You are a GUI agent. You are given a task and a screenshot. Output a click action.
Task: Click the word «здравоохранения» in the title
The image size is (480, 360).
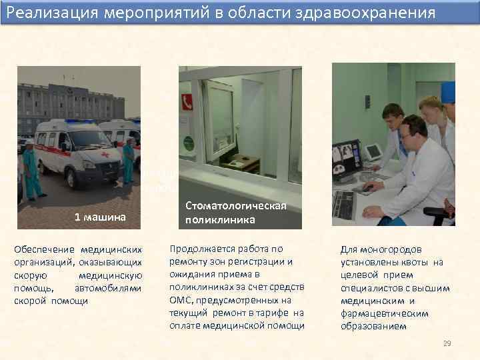[x=373, y=13]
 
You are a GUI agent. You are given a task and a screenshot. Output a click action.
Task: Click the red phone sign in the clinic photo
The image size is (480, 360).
[x=187, y=101]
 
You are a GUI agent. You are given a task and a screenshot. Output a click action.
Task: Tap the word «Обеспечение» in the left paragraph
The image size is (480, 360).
[x=41, y=249]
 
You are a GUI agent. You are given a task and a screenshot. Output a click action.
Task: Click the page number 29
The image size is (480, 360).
[x=447, y=343]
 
